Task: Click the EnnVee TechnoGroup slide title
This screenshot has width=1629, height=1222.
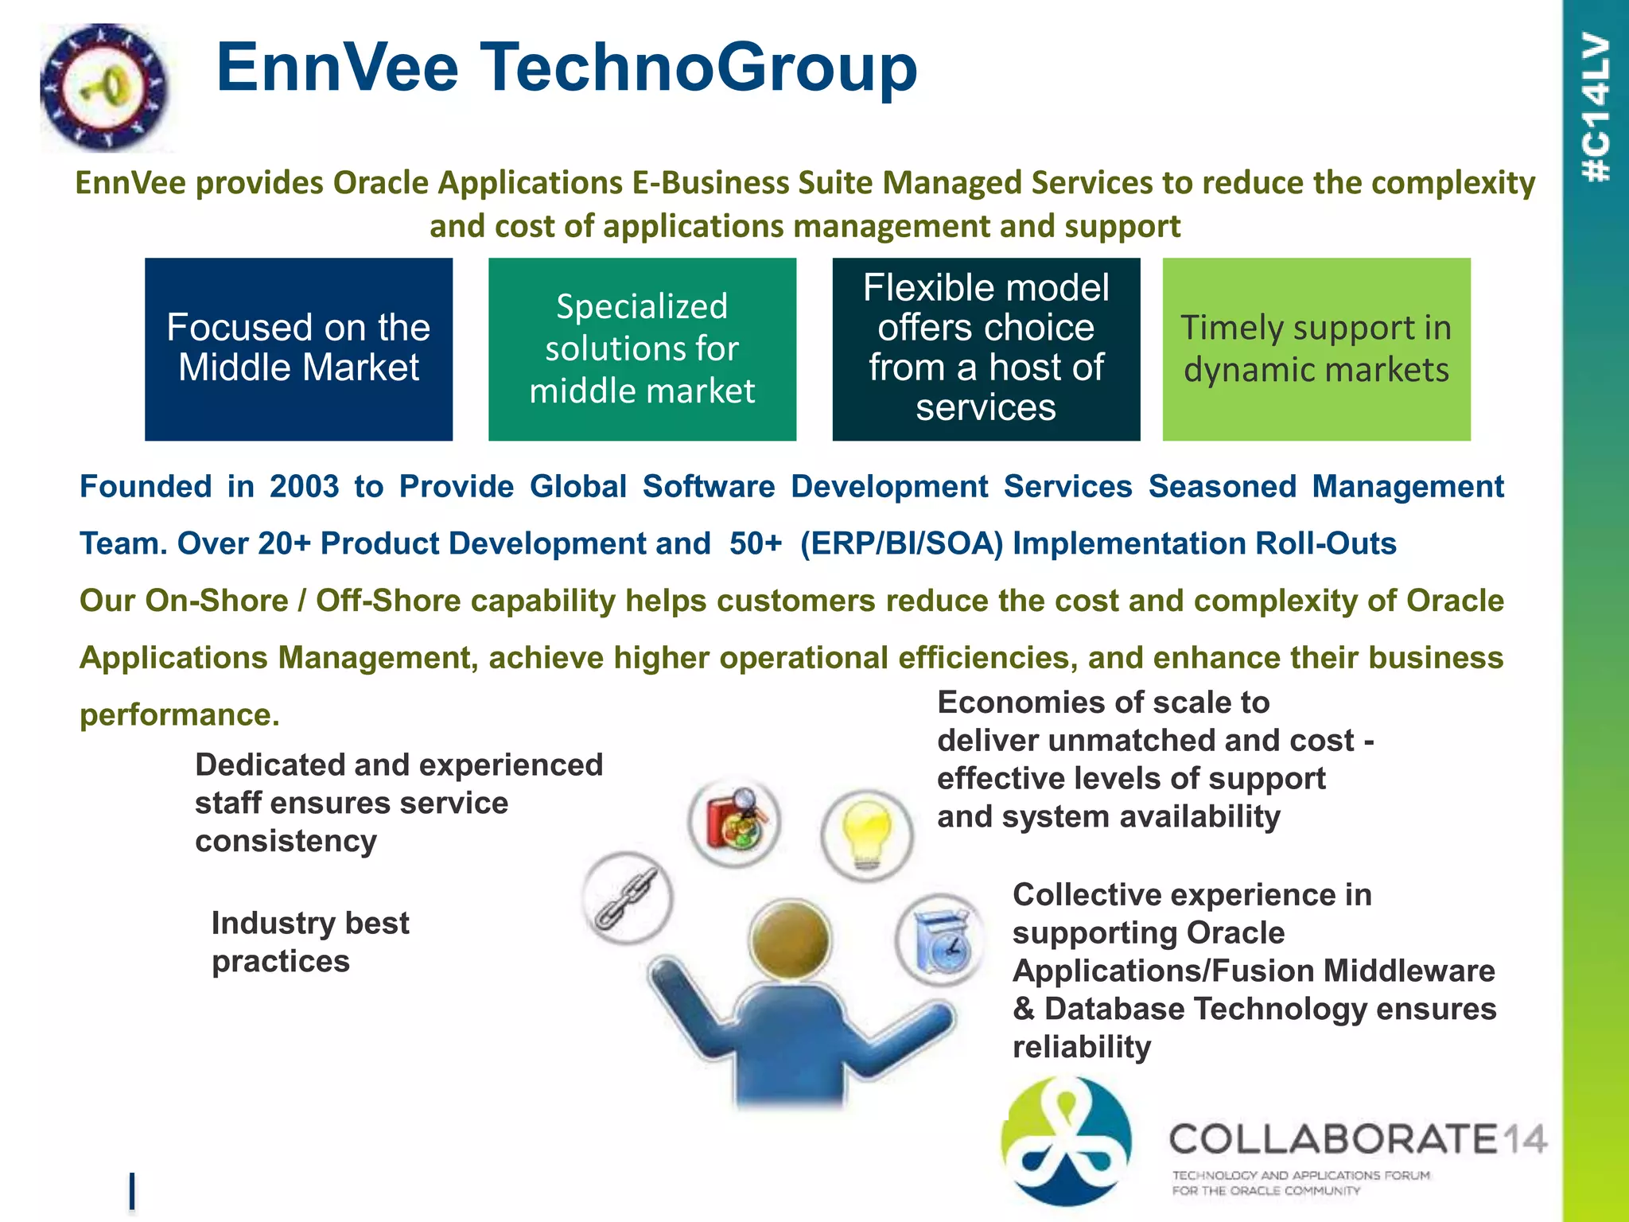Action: pos(566,68)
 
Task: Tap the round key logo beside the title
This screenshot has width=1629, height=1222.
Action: pos(104,88)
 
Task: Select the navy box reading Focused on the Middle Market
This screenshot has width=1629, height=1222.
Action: pos(298,348)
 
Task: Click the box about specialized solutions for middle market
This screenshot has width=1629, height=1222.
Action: pos(642,348)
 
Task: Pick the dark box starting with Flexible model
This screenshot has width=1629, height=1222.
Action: pos(986,348)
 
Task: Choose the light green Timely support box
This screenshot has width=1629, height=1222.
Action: pos(1316,348)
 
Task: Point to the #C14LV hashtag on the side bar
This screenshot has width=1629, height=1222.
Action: pos(1596,107)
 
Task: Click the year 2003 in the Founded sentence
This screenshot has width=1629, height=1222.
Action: pos(304,486)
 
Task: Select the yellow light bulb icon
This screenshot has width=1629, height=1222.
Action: pos(867,834)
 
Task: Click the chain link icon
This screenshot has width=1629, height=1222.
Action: pos(627,897)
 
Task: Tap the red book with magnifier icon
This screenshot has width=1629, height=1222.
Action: pos(735,821)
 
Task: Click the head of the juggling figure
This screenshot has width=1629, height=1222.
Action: pos(790,940)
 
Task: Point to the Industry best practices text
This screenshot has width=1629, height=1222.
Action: pos(310,942)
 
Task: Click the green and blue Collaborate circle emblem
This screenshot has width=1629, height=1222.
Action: pos(1066,1141)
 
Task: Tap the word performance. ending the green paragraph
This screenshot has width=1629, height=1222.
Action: pos(180,714)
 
